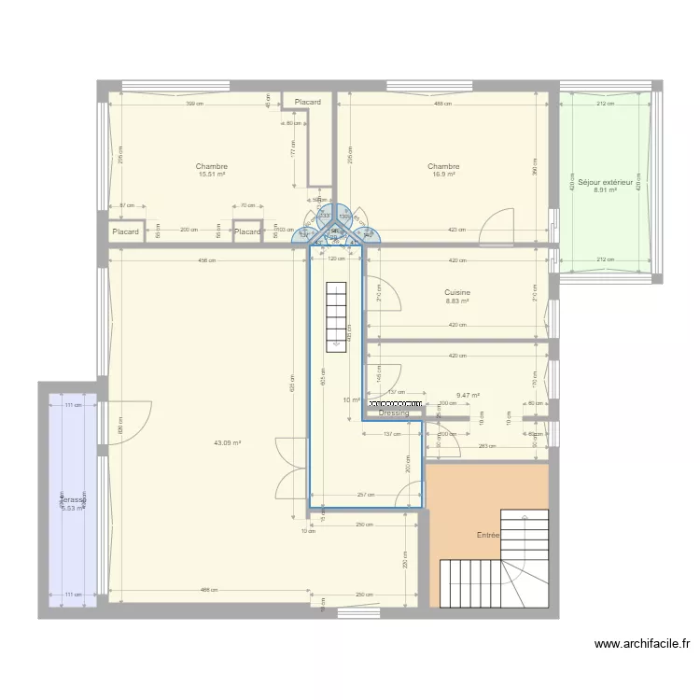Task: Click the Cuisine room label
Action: tap(457, 292)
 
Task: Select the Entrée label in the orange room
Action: tap(488, 535)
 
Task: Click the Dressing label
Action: tap(394, 413)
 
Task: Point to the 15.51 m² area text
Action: tap(212, 175)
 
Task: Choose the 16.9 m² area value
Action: tap(443, 175)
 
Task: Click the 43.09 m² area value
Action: tap(228, 443)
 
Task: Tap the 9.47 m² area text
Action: tap(468, 396)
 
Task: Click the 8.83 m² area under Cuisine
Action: tap(457, 301)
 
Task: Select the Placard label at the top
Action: tap(308, 102)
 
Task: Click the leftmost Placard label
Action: tap(125, 231)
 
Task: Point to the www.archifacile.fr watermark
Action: tap(641, 643)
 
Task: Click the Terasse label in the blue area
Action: tap(73, 500)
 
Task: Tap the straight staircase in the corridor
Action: tap(334, 315)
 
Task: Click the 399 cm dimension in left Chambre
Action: tap(194, 104)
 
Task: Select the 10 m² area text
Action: tap(351, 400)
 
